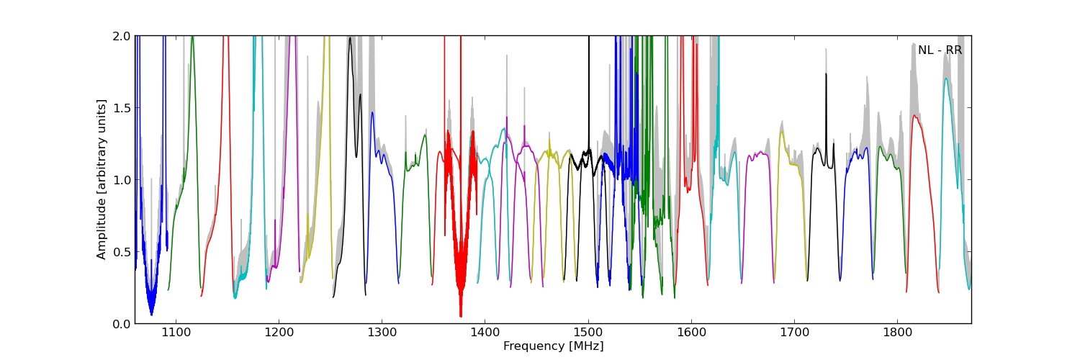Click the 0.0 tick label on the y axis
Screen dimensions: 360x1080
point(122,324)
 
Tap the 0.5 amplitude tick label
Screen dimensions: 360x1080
point(122,252)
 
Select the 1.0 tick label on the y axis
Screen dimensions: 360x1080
point(122,180)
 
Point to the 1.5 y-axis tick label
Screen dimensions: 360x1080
point(122,108)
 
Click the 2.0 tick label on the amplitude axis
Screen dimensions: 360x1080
point(122,36)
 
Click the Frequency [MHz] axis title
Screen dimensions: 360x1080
point(553,346)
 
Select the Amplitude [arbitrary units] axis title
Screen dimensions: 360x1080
point(102,179)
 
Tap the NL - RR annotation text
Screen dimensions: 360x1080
point(940,50)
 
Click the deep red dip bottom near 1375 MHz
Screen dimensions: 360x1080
point(461,315)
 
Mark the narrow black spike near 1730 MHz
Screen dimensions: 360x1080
point(826,74)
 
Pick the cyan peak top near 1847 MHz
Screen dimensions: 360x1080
point(946,78)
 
